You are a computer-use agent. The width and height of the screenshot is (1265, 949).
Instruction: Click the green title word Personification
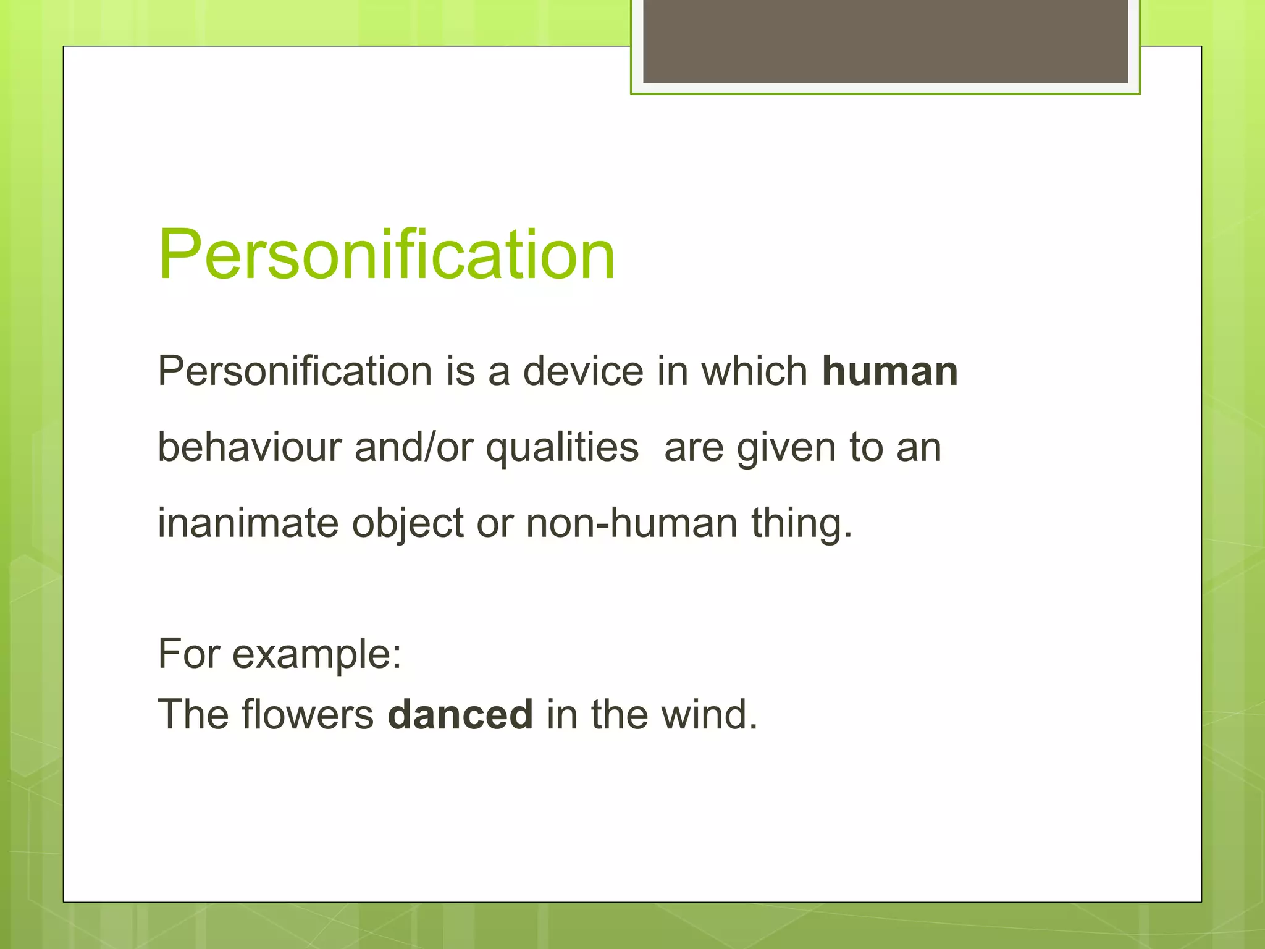pyautogui.click(x=387, y=255)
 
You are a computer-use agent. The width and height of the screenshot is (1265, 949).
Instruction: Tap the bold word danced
pyautogui.click(x=460, y=714)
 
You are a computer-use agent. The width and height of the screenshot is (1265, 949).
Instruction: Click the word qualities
pyautogui.click(x=562, y=448)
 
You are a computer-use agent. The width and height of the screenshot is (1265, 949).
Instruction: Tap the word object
pyautogui.click(x=408, y=524)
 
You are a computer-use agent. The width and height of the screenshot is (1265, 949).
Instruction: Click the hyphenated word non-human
pyautogui.click(x=631, y=523)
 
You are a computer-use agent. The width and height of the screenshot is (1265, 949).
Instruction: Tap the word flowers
pyautogui.click(x=308, y=714)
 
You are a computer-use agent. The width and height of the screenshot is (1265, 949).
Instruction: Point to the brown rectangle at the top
pyautogui.click(x=885, y=41)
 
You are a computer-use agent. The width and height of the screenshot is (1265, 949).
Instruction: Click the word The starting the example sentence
pyautogui.click(x=193, y=714)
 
